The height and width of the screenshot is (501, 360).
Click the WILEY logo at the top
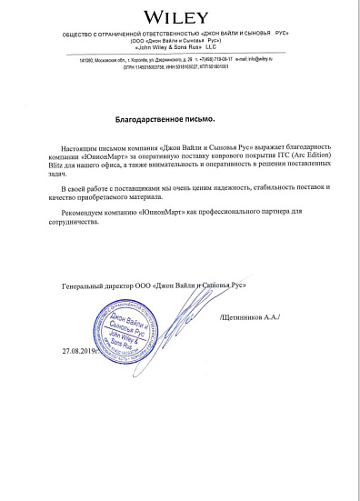(x=181, y=15)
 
